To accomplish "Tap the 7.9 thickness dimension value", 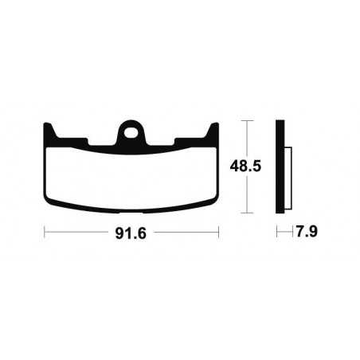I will click(x=299, y=234).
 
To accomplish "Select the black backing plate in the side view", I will click(x=280, y=167).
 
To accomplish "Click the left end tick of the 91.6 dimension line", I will click(x=45, y=233).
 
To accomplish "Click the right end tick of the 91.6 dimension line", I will click(x=219, y=233).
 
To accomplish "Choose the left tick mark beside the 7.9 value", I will click(x=277, y=233).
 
